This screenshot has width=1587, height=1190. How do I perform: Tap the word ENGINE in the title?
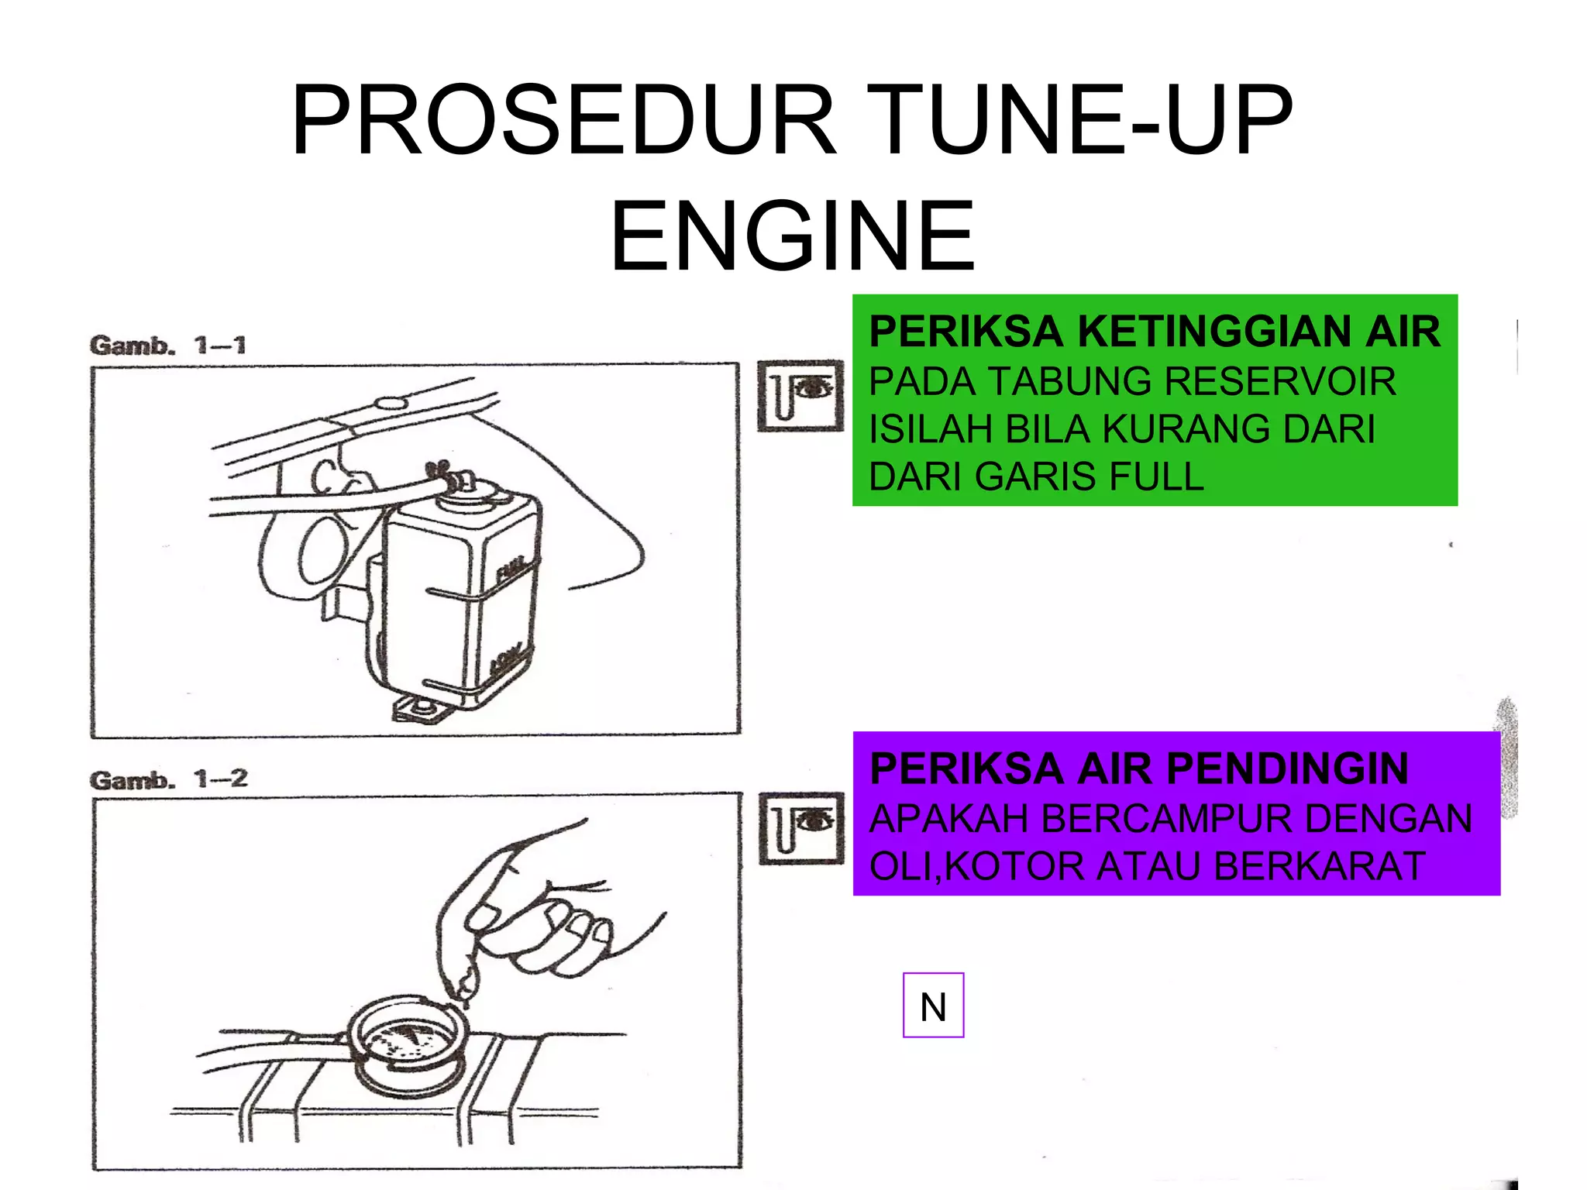(x=792, y=236)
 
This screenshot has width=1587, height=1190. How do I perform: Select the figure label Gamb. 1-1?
(x=167, y=345)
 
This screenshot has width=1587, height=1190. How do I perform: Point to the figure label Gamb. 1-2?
(x=168, y=779)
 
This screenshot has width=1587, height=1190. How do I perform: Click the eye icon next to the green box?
(x=800, y=395)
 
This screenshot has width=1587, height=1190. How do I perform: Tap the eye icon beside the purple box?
(x=800, y=827)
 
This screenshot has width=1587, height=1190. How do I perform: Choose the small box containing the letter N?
(x=933, y=1006)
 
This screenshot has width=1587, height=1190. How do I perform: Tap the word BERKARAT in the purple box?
(x=1319, y=866)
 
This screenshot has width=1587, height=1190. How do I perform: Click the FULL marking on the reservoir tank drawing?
(x=512, y=569)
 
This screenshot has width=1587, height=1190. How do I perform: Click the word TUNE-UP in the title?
(x=1078, y=121)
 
